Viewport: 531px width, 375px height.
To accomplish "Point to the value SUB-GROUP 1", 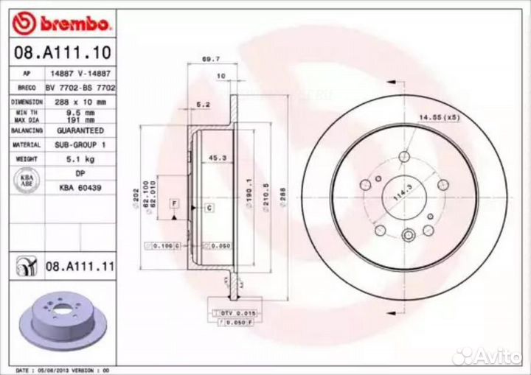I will click(x=80, y=145).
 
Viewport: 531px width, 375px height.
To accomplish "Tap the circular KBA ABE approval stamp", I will click(x=26, y=180).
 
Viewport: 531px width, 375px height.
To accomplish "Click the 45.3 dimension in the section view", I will click(x=217, y=157).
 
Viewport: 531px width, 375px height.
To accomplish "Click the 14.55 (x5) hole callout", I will click(x=440, y=116).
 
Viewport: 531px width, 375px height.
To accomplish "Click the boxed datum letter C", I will click(x=209, y=208).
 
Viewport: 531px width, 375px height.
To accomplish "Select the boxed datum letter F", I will click(x=174, y=203).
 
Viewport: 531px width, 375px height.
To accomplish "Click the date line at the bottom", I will click(x=63, y=369).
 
